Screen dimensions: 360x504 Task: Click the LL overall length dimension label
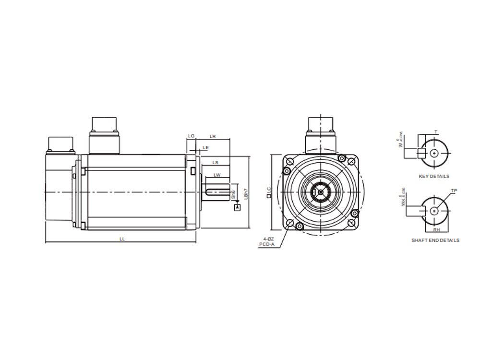(122, 239)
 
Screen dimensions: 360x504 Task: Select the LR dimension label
(213, 136)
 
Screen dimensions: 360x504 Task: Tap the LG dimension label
(191, 136)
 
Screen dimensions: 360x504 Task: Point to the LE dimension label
(205, 147)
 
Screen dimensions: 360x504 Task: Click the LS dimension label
(216, 163)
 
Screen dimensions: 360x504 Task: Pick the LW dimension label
(217, 175)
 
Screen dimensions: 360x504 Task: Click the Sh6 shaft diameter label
(233, 194)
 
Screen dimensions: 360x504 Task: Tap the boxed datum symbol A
(237, 207)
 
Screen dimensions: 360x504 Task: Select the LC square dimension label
(269, 193)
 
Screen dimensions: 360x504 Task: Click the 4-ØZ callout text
(268, 239)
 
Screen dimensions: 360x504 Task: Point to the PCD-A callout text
(267, 244)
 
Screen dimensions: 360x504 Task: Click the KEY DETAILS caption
(434, 177)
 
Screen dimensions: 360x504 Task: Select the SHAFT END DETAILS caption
(435, 240)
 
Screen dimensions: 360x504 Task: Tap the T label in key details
(435, 132)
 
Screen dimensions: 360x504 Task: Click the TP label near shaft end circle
(454, 191)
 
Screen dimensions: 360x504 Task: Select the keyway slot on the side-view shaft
(217, 193)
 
